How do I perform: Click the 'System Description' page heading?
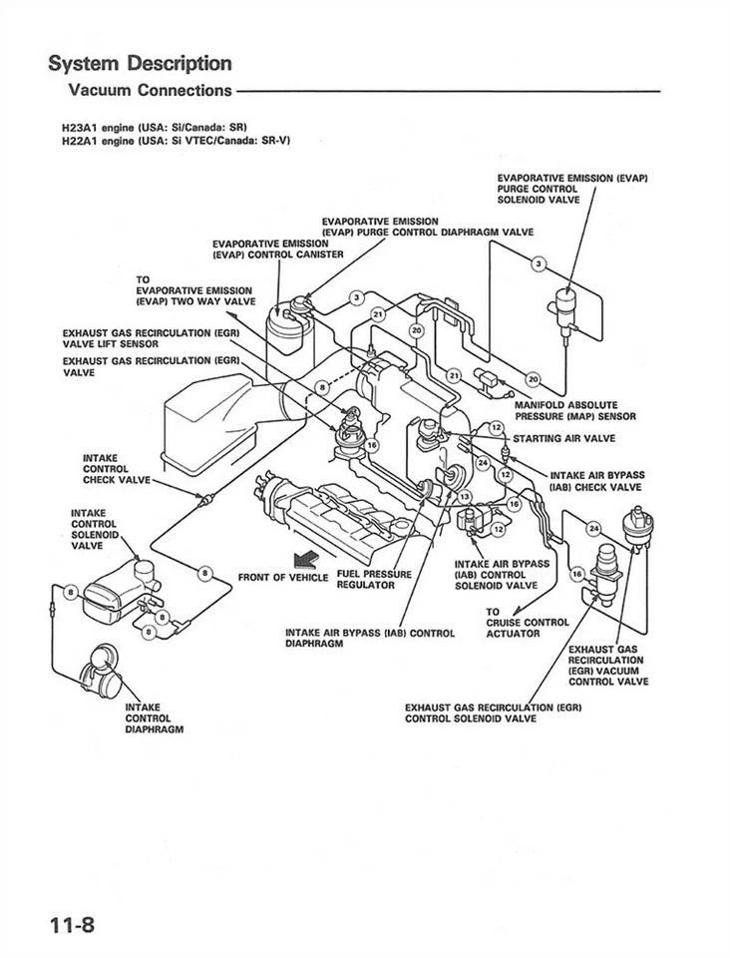(x=141, y=64)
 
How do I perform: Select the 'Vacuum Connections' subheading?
(x=150, y=91)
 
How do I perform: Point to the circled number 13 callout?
(x=465, y=497)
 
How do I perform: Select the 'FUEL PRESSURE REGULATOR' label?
(x=374, y=579)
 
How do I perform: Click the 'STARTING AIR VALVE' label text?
(x=563, y=438)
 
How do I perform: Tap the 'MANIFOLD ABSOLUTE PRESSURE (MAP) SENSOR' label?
(x=574, y=411)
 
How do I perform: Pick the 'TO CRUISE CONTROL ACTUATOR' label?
(x=527, y=622)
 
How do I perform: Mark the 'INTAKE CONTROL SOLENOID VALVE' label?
(x=95, y=530)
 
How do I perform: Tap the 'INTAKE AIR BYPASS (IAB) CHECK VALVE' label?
(x=596, y=480)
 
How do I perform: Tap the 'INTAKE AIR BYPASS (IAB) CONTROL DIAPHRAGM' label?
(x=369, y=638)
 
